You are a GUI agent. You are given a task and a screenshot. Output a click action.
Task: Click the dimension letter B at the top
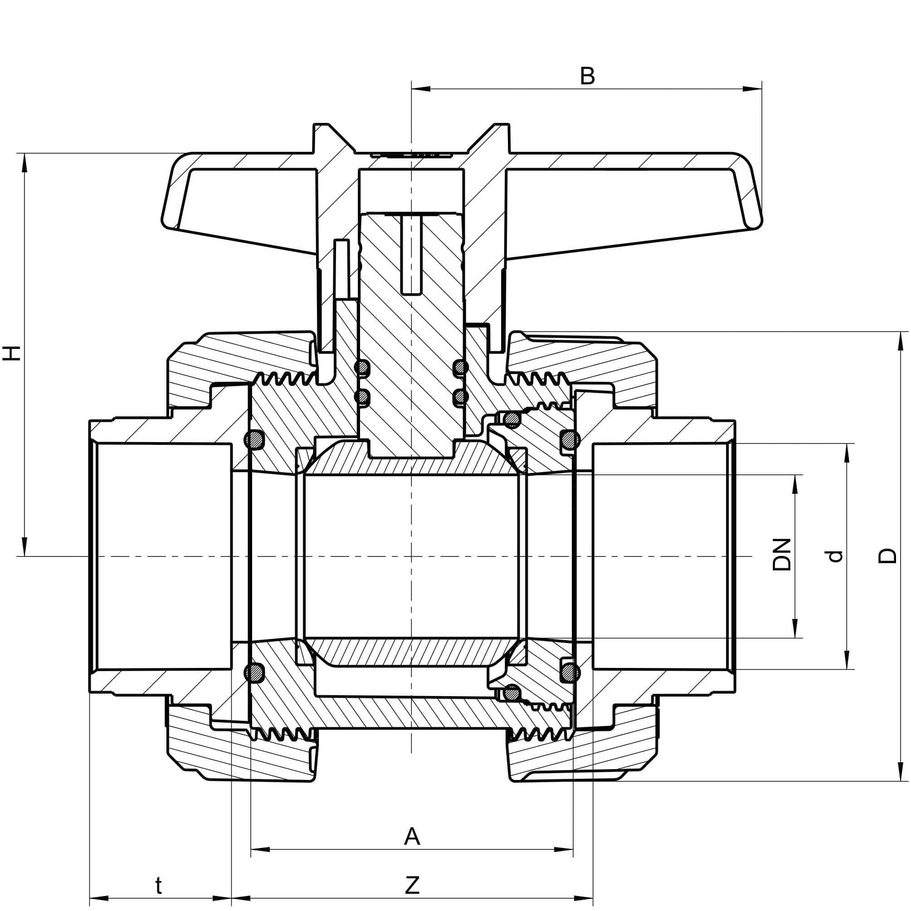(587, 76)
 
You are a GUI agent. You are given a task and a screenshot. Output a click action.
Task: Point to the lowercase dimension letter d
(835, 556)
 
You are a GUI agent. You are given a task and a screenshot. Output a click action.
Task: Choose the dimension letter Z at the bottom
(412, 886)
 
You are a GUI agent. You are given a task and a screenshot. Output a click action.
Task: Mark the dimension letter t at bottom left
(159, 886)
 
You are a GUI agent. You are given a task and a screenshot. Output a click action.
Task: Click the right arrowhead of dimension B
(753, 88)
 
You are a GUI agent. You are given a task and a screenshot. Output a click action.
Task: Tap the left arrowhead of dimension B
(421, 88)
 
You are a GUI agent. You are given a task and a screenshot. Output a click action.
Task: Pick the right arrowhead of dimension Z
(584, 898)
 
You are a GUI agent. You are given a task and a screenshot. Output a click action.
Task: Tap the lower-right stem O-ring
(460, 397)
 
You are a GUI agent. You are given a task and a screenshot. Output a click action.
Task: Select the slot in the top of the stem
(411, 255)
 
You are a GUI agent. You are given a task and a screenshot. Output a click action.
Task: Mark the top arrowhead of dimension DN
(795, 484)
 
